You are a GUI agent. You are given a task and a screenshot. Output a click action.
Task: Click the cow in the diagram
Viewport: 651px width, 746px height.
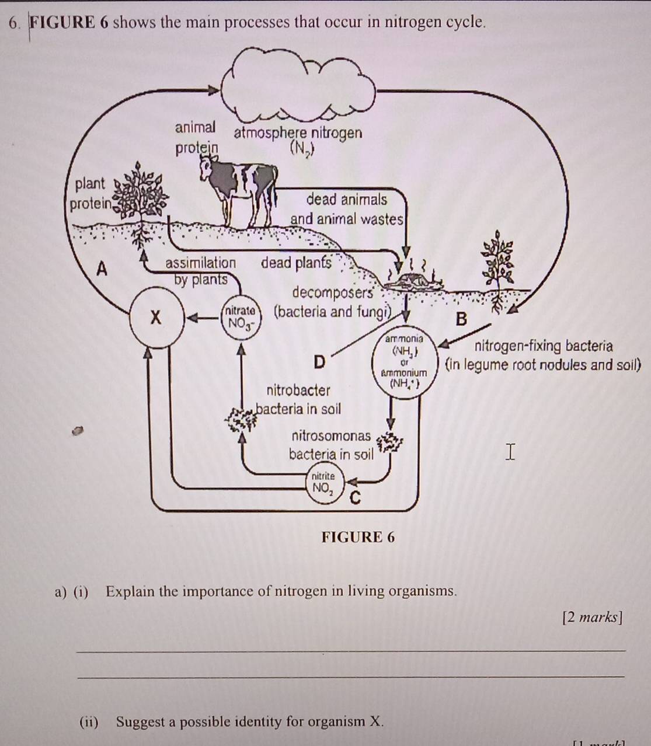(239, 187)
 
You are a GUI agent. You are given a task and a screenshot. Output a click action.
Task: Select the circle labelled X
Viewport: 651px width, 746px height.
(155, 318)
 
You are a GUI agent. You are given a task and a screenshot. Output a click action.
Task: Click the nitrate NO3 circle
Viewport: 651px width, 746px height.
(239, 318)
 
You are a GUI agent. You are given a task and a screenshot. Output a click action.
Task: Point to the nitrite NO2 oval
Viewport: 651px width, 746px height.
(323, 483)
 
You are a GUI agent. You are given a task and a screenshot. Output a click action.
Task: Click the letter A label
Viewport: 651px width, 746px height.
(102, 270)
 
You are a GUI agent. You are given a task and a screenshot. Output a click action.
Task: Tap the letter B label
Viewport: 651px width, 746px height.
(461, 319)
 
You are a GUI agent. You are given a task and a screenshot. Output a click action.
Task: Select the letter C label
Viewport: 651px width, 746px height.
(354, 499)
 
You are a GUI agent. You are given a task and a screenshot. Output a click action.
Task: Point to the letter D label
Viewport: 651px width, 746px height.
(319, 362)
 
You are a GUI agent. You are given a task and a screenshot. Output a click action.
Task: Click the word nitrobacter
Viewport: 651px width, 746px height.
(298, 390)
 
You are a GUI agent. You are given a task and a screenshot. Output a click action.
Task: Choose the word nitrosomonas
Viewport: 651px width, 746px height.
(330, 436)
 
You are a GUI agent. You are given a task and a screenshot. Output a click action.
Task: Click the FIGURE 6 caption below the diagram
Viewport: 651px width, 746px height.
(358, 537)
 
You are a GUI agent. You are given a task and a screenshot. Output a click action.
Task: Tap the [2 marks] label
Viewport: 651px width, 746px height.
(591, 616)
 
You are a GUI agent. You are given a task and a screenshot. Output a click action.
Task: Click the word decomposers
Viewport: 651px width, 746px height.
(332, 292)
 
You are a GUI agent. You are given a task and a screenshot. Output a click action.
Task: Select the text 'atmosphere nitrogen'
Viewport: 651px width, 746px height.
(298, 133)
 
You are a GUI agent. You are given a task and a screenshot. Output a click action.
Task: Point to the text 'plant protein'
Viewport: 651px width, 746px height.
(89, 194)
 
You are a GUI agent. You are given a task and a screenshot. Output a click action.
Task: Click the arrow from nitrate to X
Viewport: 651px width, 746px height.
(200, 319)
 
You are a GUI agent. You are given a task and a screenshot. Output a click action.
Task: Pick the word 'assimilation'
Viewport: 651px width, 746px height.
(201, 263)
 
